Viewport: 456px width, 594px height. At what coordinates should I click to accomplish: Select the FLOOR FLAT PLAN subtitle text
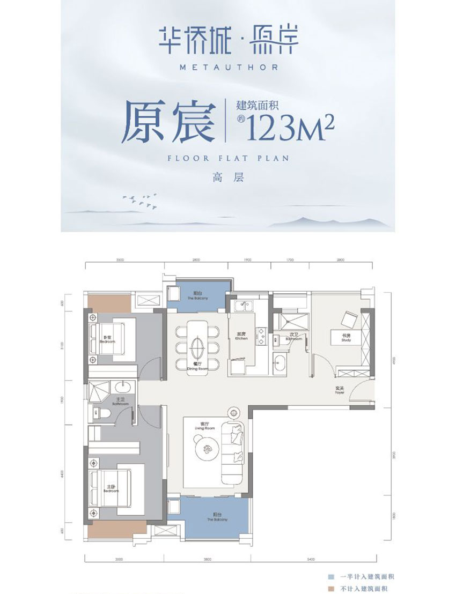(x=227, y=158)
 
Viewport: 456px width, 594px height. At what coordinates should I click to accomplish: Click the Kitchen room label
(x=241, y=337)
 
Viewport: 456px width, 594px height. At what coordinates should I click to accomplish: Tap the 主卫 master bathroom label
(x=120, y=400)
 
